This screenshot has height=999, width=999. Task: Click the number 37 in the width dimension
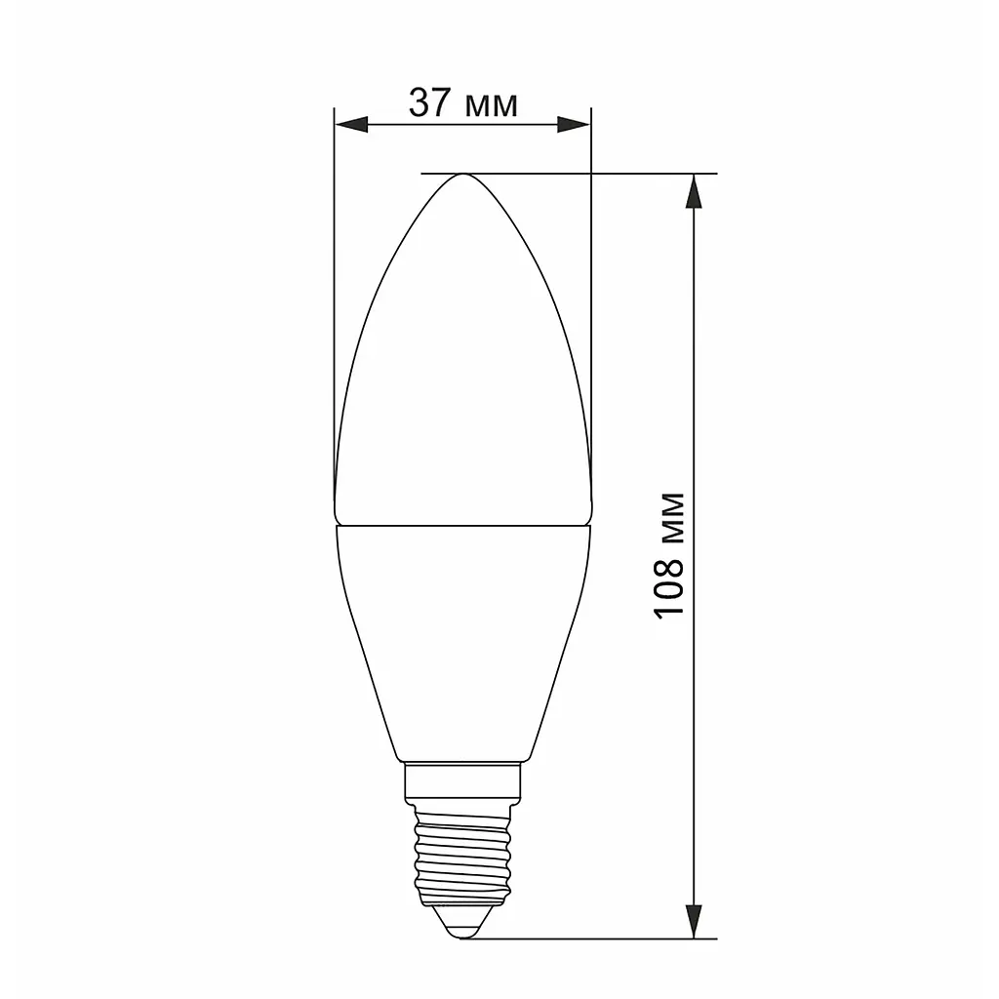[x=430, y=103]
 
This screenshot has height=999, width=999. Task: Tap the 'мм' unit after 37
[x=492, y=107]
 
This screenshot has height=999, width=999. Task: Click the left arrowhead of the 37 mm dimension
[x=351, y=124]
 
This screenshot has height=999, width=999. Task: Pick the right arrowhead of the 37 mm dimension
[x=574, y=124]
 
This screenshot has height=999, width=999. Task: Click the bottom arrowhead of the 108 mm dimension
[x=694, y=921]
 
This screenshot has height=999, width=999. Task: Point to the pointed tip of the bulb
[x=463, y=174]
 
